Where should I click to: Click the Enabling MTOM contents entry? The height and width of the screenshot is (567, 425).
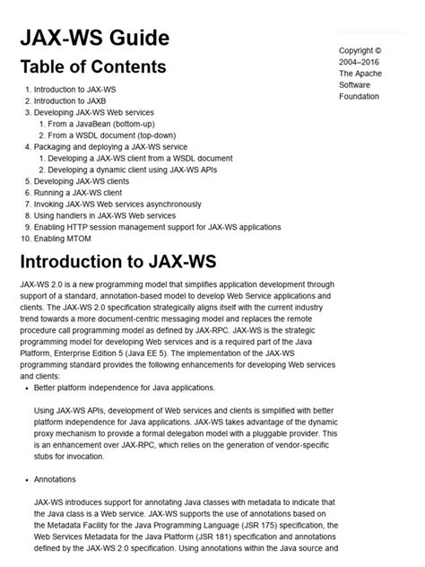pos(65,239)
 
